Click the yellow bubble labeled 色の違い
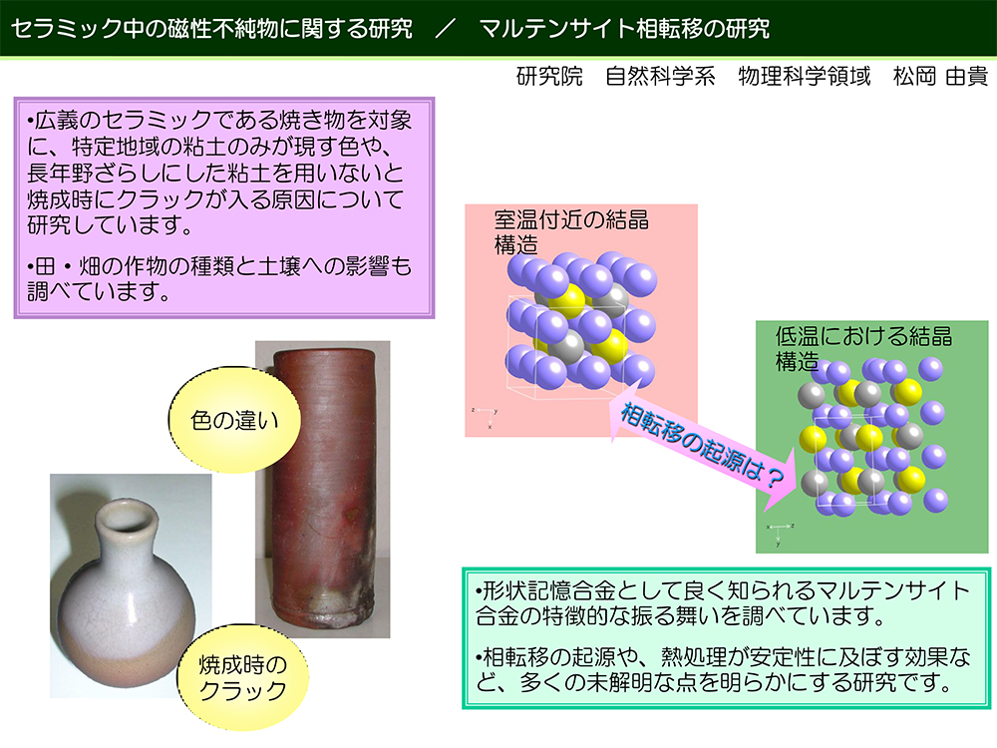pos(234,420)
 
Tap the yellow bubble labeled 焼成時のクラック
pos(242,677)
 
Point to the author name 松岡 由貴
pos(940,77)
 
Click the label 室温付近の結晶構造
pos(571,232)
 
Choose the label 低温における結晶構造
pos(863,348)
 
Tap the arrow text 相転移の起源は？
pos(701,446)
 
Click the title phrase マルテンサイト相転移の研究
pos(624,28)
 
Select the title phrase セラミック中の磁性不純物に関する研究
pos(211,28)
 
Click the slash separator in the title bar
pos(446,28)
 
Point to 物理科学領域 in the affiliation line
pos(804,77)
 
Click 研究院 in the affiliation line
pos(549,77)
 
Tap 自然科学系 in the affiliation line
pos(660,77)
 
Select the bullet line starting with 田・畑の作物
pos(219,278)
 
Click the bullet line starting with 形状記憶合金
pos(722,603)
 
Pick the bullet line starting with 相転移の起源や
pos(724,669)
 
